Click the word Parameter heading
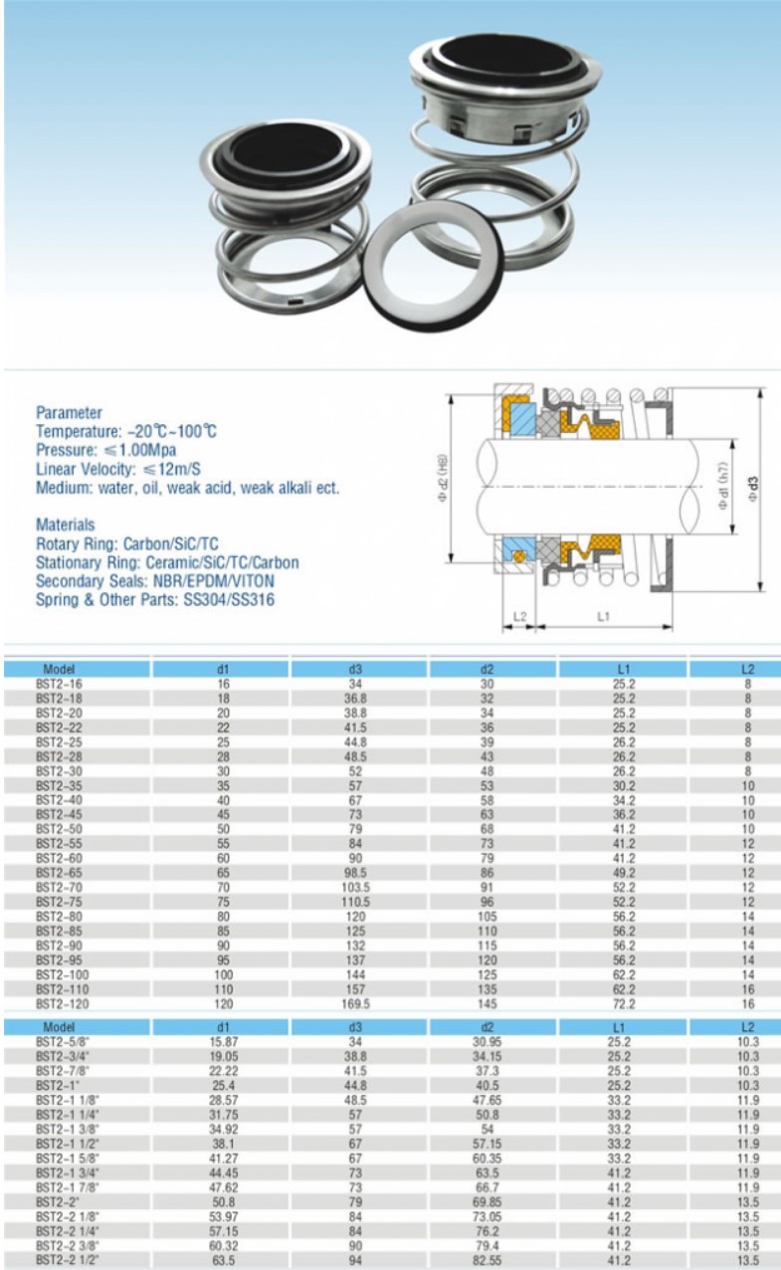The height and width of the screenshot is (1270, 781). (x=69, y=412)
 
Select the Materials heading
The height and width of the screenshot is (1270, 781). (x=66, y=524)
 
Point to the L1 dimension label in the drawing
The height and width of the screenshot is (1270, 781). (x=603, y=617)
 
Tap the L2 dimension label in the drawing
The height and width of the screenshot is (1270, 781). (x=519, y=617)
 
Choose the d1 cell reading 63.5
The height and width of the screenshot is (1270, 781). (x=223, y=1260)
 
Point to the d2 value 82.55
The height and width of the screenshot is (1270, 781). (x=488, y=1260)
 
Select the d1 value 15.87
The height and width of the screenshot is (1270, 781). (x=223, y=1041)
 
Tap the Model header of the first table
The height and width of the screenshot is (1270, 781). (x=60, y=670)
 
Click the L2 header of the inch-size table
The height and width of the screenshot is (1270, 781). (x=747, y=1027)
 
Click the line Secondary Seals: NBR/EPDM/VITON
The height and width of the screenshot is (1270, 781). (x=155, y=580)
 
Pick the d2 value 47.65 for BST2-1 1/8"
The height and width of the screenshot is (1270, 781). (x=488, y=1100)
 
